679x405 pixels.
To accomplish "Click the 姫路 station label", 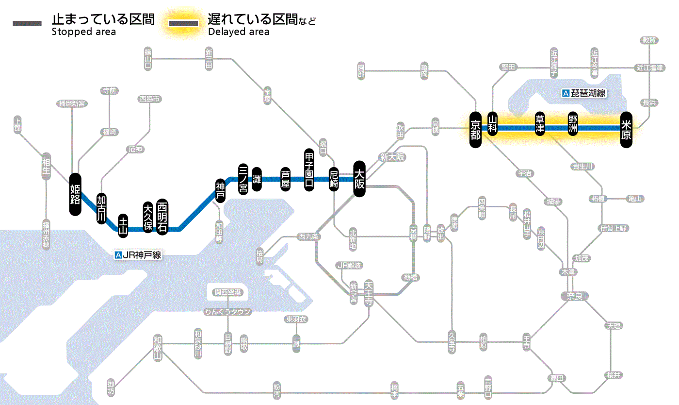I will click(75, 194).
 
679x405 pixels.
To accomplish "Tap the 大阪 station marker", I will click(359, 179).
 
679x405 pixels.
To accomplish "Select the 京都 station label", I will click(475, 129).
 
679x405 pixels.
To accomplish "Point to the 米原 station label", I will click(626, 129).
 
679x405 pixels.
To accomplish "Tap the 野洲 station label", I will click(573, 124).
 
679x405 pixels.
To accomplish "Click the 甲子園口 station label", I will click(309, 169).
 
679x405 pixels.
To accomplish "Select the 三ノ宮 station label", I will click(243, 178).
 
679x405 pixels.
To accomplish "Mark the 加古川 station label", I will click(101, 209).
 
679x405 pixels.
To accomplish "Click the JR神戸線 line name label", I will click(138, 254).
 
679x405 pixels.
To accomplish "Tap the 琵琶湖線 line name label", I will click(584, 93).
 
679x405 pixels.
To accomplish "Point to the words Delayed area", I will click(238, 32).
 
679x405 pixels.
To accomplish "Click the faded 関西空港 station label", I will click(227, 292).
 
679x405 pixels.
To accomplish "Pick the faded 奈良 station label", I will click(574, 296).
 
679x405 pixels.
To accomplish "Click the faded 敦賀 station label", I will click(649, 40).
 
